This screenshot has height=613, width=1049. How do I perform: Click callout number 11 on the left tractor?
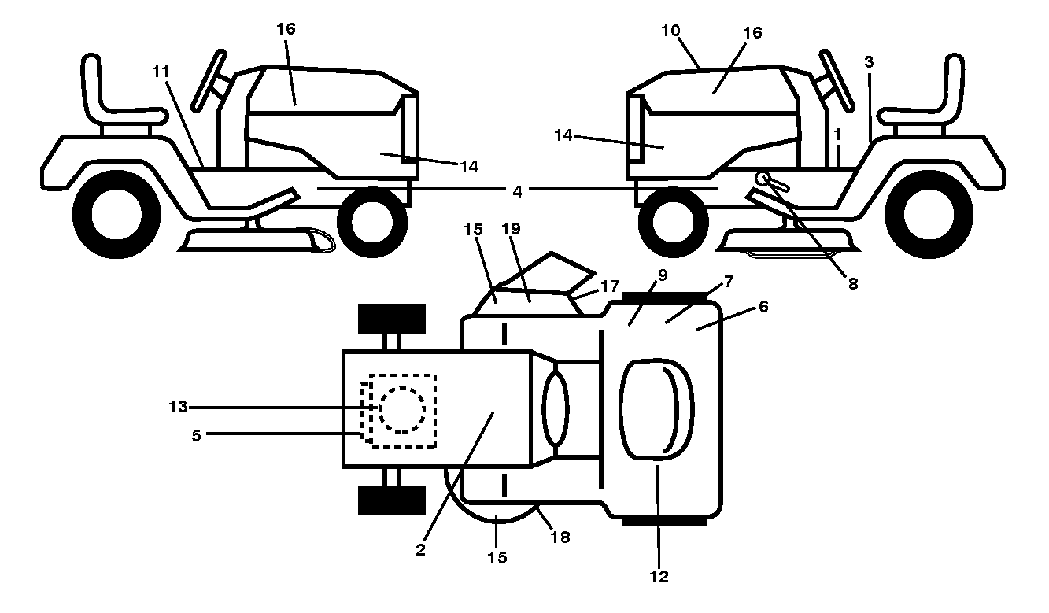coord(161,72)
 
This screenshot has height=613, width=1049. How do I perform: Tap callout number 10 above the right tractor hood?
coord(670,31)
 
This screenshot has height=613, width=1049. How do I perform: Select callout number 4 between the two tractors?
coord(517,191)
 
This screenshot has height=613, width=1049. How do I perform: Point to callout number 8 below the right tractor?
coord(853,284)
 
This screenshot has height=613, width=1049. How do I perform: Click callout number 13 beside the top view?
coord(178,407)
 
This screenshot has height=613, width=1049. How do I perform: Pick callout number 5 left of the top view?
coord(196,435)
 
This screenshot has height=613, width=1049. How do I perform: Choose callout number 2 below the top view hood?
coord(420,550)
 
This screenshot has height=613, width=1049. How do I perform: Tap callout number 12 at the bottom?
coord(659,577)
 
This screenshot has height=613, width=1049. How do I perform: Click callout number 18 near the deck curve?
coord(560,537)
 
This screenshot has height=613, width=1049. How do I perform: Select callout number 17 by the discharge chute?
coord(610,286)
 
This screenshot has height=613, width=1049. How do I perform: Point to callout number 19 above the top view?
coord(511,228)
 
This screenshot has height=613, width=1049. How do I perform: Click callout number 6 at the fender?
coord(763,307)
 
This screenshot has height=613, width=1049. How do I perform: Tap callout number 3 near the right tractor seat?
coord(869,62)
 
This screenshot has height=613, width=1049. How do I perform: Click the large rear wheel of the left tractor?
coord(116,215)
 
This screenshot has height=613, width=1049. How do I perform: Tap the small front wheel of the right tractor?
coord(674,223)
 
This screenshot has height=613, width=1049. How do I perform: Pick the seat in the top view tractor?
coord(656,410)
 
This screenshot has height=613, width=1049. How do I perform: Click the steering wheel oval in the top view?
coord(556,408)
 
